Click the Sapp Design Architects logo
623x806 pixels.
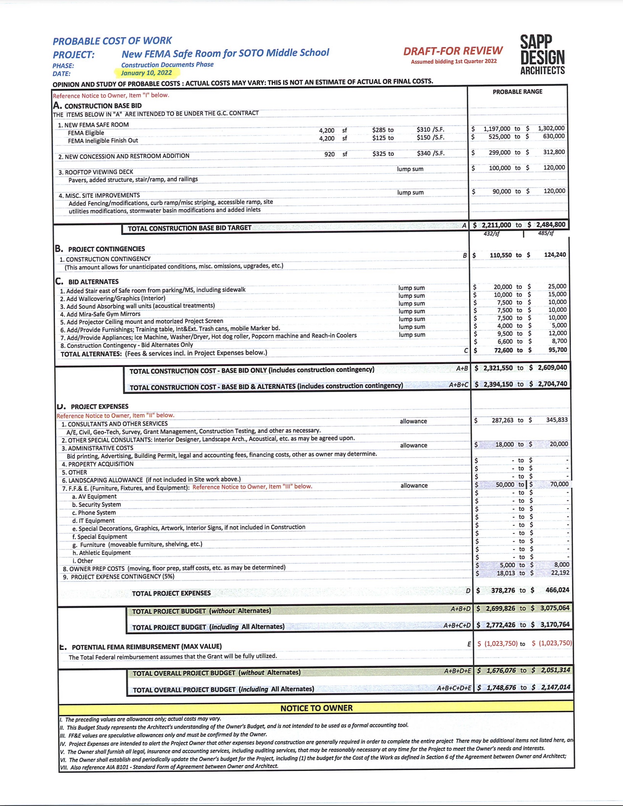(x=542, y=55)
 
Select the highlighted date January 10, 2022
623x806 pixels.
(x=146, y=73)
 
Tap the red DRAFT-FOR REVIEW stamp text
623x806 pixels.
(x=453, y=51)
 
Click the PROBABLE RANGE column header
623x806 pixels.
(x=517, y=92)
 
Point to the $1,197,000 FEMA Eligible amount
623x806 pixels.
(x=497, y=129)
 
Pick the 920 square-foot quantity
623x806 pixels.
(x=329, y=154)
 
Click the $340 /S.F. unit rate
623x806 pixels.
(x=430, y=153)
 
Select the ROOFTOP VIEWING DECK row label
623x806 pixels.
(x=95, y=172)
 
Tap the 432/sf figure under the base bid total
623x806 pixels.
(x=491, y=234)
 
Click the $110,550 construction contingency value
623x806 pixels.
(x=500, y=255)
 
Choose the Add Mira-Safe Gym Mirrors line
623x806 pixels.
(x=100, y=314)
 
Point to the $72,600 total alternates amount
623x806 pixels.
(x=503, y=350)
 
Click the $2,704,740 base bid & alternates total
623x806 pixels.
(x=552, y=384)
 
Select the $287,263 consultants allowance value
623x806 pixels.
(x=502, y=420)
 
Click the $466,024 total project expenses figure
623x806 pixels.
(x=557, y=590)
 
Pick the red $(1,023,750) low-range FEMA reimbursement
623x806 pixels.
(x=501, y=643)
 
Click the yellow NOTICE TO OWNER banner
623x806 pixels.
(x=316, y=708)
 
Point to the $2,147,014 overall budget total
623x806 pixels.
(x=555, y=687)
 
